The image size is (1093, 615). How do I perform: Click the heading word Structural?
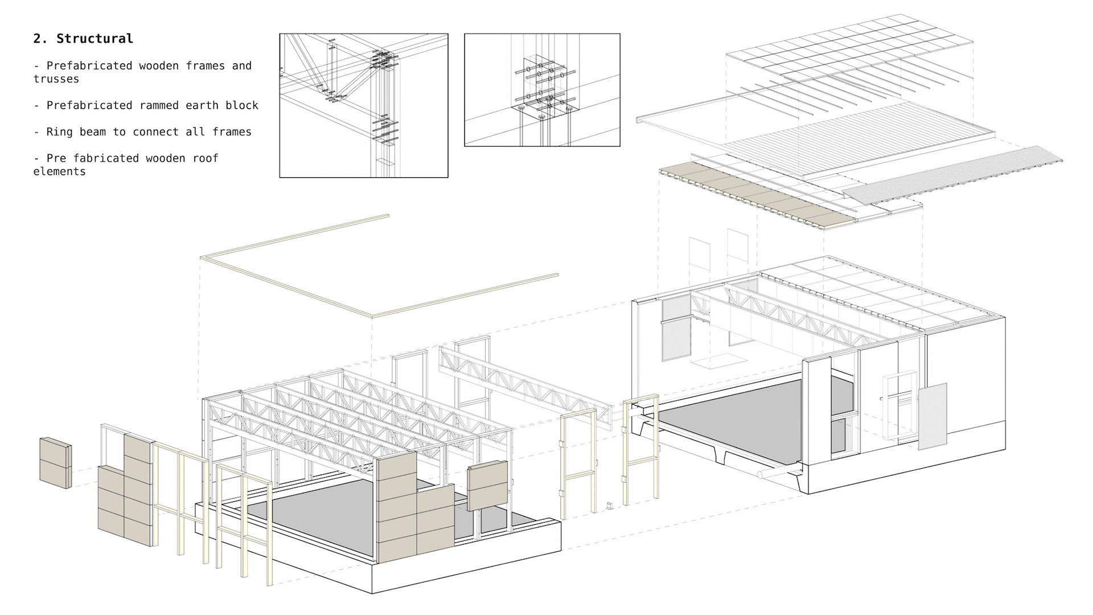(94, 39)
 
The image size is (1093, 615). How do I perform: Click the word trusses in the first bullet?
(56, 79)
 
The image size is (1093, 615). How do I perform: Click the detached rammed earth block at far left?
(55, 462)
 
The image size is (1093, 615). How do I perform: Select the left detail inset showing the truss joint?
(364, 105)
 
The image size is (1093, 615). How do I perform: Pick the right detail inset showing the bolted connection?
(542, 90)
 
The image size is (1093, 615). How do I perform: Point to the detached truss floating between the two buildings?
(524, 382)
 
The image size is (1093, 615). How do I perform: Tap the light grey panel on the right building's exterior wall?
(932, 416)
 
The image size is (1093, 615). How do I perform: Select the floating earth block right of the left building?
(487, 485)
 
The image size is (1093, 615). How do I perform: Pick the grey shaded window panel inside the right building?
(676, 330)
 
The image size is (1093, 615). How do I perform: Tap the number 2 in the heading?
(38, 39)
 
